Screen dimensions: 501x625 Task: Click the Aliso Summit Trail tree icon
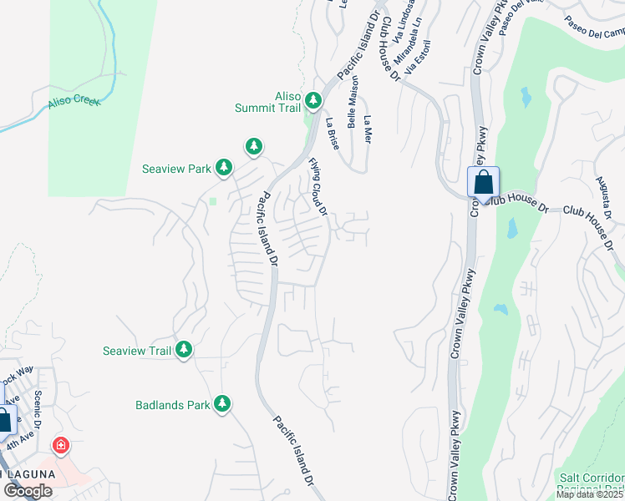pos(313,101)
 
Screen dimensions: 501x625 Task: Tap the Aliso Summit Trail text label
pos(276,102)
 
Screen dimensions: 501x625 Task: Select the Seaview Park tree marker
pos(223,168)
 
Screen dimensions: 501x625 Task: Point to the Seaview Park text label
pos(175,169)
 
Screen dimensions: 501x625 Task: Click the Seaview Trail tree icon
pos(183,351)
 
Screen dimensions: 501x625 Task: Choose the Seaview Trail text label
pos(137,351)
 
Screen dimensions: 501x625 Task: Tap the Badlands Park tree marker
pos(221,405)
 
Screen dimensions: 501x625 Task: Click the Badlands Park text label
pos(172,406)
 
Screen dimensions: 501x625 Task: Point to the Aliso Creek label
pos(74,100)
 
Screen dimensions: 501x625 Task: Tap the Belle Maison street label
pos(354,99)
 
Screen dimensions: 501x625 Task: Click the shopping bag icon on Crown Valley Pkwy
pos(483,182)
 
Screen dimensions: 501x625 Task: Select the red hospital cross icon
pos(60,445)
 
